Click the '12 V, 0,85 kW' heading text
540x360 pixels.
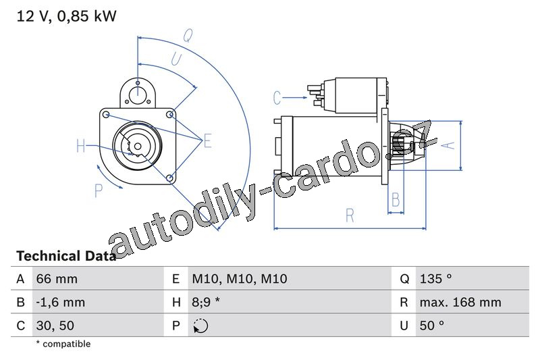tap(66, 16)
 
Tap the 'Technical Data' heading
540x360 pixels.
tap(66, 256)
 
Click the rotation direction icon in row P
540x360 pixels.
tap(200, 326)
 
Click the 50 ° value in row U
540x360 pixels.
tap(432, 326)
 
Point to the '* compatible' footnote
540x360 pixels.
tap(63, 344)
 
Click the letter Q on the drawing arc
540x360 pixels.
tap(188, 36)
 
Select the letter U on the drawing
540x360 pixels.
tap(176, 59)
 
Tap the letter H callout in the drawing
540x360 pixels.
tap(80, 146)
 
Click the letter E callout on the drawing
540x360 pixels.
tap(207, 141)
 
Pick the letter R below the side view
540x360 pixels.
tap(350, 215)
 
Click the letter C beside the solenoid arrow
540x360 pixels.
tap(277, 97)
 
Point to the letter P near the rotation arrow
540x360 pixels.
tap(99, 190)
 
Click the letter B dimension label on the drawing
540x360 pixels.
tap(396, 199)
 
